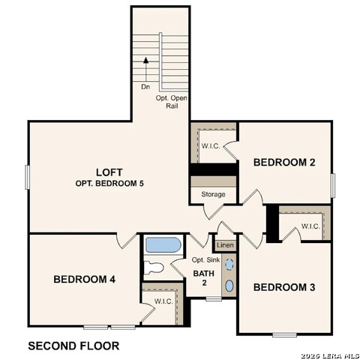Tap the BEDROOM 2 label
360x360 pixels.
(x=283, y=162)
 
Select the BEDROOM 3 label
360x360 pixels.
(x=283, y=287)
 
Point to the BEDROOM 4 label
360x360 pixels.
(x=84, y=279)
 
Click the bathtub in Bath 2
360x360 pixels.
(x=162, y=245)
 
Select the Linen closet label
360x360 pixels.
(x=224, y=246)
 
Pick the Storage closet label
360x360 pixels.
(x=213, y=194)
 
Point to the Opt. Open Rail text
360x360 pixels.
(x=172, y=102)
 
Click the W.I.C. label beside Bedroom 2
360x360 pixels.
(x=210, y=145)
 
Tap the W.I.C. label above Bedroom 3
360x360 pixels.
(x=311, y=226)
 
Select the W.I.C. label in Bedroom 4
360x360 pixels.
(x=164, y=301)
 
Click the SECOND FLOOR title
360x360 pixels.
(x=73, y=346)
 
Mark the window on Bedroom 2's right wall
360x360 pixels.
(x=333, y=184)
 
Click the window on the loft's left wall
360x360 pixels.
(x=27, y=177)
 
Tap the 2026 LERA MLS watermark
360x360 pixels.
(x=330, y=355)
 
